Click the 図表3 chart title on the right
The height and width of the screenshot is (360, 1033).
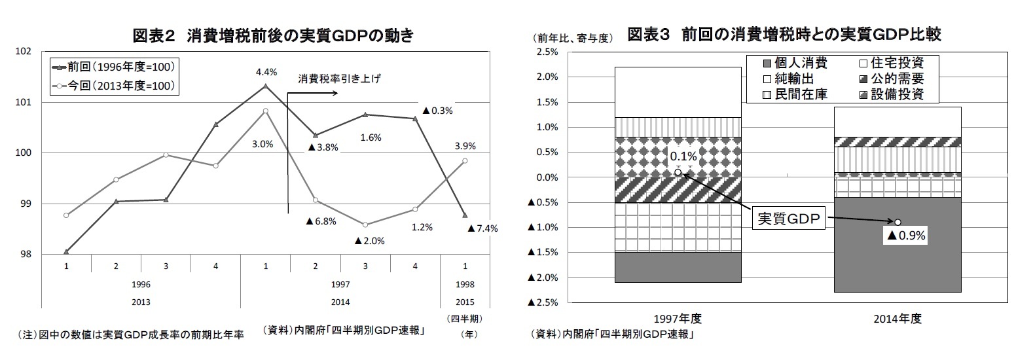[x=784, y=34]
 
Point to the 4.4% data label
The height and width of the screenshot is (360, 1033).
[x=266, y=72]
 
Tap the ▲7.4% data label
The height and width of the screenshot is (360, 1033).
[x=483, y=228]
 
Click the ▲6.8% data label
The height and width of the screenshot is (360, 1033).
[x=321, y=221]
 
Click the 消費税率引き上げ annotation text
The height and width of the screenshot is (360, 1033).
[x=339, y=79]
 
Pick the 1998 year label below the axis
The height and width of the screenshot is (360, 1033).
[x=465, y=285]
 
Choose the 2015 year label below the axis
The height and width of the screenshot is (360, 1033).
[x=465, y=302]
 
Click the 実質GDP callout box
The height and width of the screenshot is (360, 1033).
[x=788, y=219]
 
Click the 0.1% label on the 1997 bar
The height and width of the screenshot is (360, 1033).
[x=683, y=156]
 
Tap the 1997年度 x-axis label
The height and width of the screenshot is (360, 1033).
[x=678, y=319]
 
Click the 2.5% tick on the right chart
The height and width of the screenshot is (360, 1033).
[x=547, y=52]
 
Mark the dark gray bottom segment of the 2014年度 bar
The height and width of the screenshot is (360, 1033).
[x=897, y=262]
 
